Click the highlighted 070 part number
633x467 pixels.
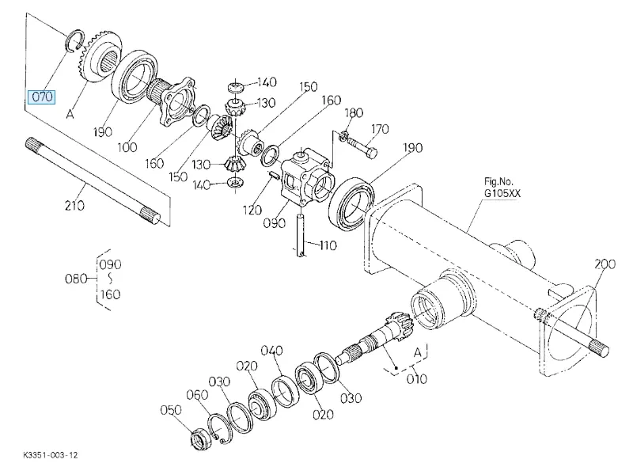tap(41, 97)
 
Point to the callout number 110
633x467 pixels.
tap(325, 245)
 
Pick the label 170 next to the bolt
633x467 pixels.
tap(380, 129)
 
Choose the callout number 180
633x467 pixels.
tap(354, 113)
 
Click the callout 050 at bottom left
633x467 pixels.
tap(171, 410)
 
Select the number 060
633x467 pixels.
tap(196, 395)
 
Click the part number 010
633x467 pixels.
tap(416, 378)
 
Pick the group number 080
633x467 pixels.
tap(75, 279)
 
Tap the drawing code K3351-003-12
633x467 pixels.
tap(51, 456)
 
